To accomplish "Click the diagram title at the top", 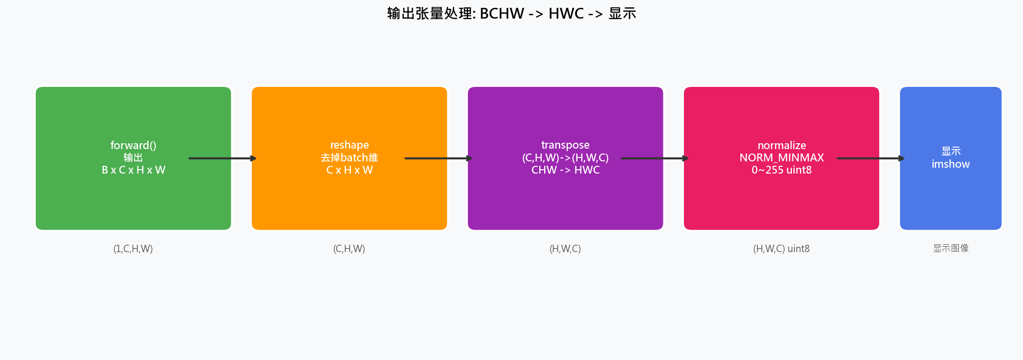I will pyautogui.click(x=511, y=13).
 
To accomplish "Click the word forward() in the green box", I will pyautogui.click(x=133, y=145).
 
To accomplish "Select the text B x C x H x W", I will pyautogui.click(x=133, y=170).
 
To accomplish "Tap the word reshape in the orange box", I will pyautogui.click(x=349, y=145).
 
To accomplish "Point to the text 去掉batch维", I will pyautogui.click(x=349, y=157).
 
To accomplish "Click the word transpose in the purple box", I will pyautogui.click(x=565, y=145).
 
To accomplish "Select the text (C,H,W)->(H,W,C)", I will pyautogui.click(x=565, y=157).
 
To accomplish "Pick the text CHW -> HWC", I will pyautogui.click(x=565, y=170).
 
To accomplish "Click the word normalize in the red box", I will pyautogui.click(x=782, y=145).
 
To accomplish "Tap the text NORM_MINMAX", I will pyautogui.click(x=782, y=157).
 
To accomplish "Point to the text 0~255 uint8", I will pyautogui.click(x=782, y=170).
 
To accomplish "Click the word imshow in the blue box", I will pyautogui.click(x=950, y=164).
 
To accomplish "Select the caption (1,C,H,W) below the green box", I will pyautogui.click(x=133, y=249).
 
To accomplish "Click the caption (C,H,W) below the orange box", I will pyautogui.click(x=349, y=249).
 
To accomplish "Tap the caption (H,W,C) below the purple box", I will pyautogui.click(x=565, y=249).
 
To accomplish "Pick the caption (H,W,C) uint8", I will pyautogui.click(x=781, y=249).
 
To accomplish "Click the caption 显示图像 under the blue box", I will pyautogui.click(x=950, y=248).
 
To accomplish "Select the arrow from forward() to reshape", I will pyautogui.click(x=222, y=158).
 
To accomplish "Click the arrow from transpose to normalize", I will pyautogui.click(x=655, y=158).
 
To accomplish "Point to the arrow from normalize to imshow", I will pyautogui.click(x=870, y=158).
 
